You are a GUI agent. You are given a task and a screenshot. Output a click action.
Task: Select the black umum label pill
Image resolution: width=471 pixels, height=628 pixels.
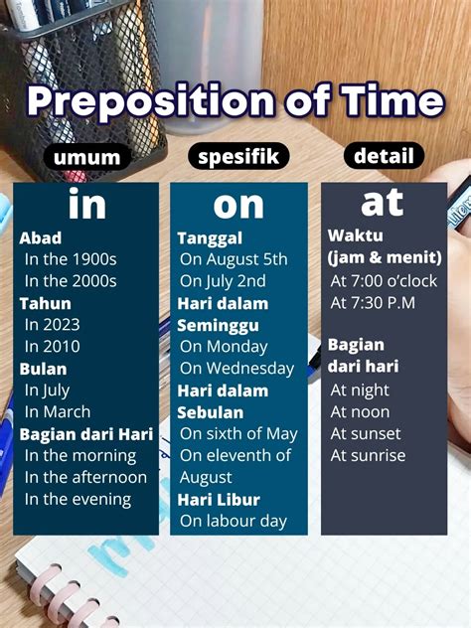pos(86,158)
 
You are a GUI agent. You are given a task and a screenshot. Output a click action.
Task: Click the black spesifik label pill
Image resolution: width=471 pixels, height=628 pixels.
pos(237,157)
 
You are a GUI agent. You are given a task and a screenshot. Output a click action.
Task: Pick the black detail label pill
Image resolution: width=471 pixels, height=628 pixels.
pos(384,156)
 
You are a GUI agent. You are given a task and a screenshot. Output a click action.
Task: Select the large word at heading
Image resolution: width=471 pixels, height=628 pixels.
pos(383,202)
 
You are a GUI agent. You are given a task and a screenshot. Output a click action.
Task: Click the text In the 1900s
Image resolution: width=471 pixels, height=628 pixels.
pos(71,259)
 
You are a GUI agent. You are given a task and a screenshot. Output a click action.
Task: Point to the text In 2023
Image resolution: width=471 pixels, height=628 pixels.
pos(53,324)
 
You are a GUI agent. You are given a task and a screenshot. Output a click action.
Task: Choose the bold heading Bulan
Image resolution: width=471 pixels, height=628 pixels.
pos(42,368)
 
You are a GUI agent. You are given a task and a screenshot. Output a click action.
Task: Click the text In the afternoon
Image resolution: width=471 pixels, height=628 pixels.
pos(85,477)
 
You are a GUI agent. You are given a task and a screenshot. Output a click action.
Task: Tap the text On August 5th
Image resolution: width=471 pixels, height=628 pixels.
pos(234,259)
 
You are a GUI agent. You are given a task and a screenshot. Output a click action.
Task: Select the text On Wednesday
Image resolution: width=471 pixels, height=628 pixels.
pos(236,368)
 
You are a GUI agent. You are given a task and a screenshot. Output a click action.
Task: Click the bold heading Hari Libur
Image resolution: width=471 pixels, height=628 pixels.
pos(219,499)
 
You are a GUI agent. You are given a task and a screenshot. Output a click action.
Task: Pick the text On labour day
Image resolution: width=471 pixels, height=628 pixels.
pos(233,521)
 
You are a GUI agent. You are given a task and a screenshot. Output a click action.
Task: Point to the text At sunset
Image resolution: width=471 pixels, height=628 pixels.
pos(366,433)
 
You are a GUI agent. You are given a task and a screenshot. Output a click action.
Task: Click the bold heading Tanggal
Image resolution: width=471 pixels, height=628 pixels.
pos(210,237)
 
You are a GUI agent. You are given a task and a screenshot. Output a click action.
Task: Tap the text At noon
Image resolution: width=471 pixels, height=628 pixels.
pos(360,411)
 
